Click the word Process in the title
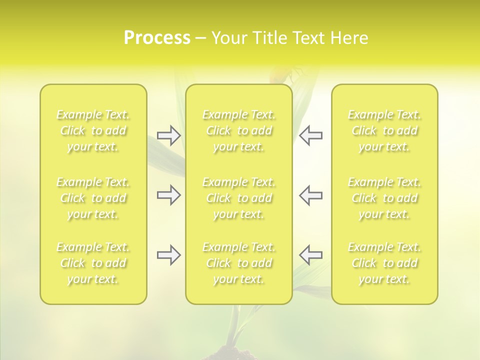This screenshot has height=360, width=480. click(x=157, y=38)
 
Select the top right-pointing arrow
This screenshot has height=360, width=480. click(x=169, y=135)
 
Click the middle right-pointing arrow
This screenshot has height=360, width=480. click(x=169, y=195)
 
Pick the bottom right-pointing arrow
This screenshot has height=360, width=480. click(x=169, y=255)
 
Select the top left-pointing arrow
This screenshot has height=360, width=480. click(x=310, y=135)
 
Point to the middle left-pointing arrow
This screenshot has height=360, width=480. click(x=310, y=195)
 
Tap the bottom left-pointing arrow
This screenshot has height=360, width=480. click(x=310, y=255)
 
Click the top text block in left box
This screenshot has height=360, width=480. click(x=93, y=130)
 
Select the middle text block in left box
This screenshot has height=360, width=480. click(x=93, y=198)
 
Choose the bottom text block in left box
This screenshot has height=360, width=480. click(x=93, y=263)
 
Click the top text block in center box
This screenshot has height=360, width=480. click(x=239, y=130)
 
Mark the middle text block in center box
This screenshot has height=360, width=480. click(x=239, y=198)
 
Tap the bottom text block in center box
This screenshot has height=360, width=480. click(x=239, y=263)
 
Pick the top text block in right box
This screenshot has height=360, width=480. click(x=384, y=130)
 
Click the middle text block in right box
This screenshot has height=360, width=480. click(x=384, y=198)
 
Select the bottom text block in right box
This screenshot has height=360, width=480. click(x=384, y=263)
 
